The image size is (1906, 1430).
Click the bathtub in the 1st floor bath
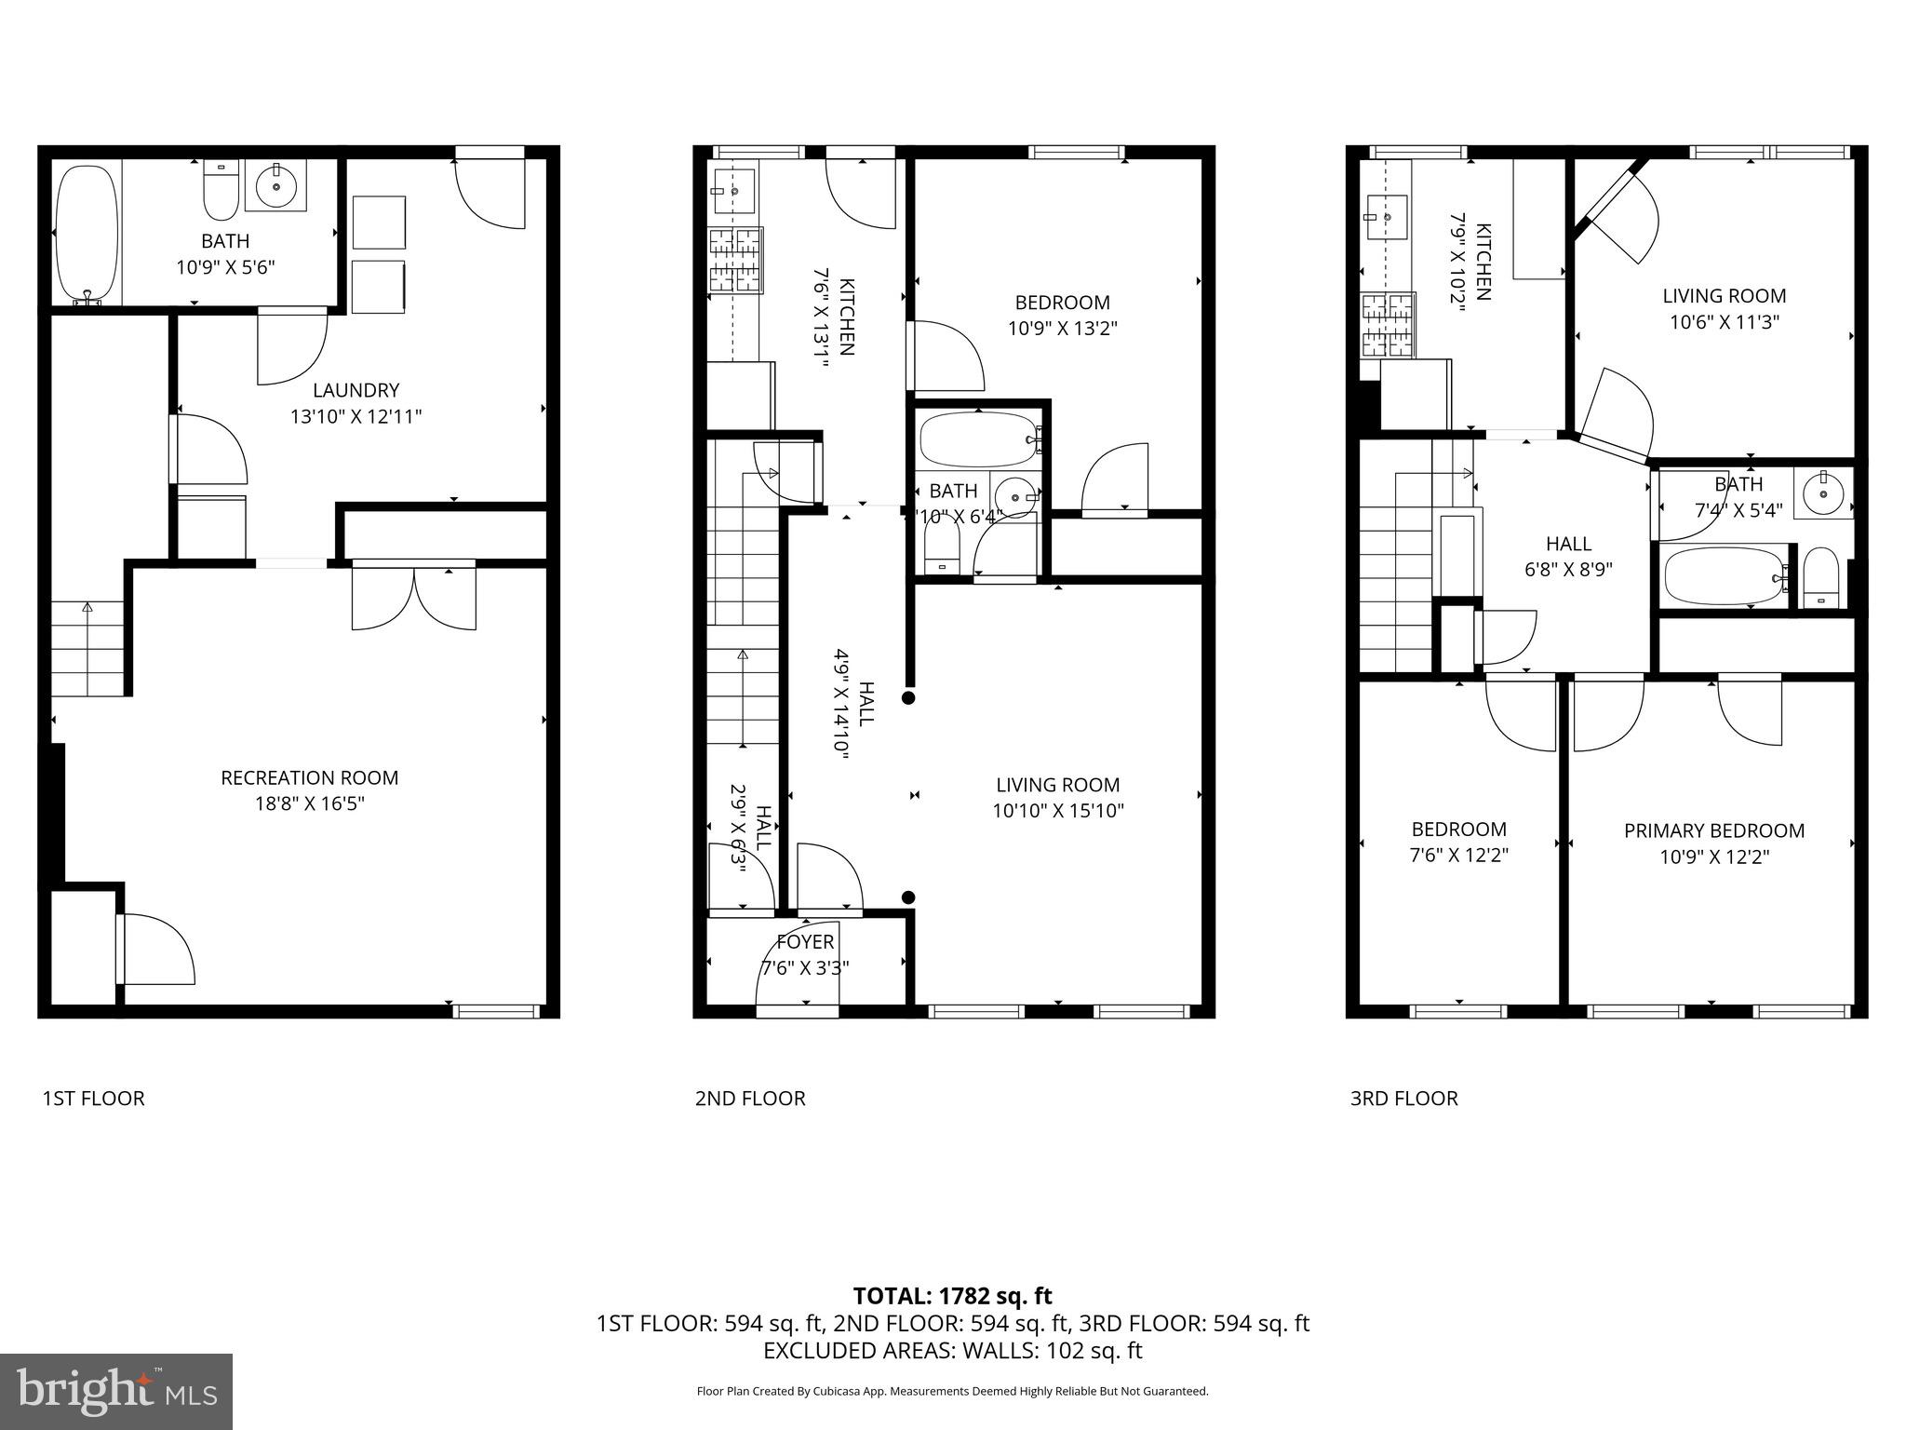coord(87,234)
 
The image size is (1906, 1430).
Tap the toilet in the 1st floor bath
coord(221,189)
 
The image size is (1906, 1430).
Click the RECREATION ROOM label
coord(309,777)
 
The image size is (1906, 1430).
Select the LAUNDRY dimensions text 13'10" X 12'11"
coord(356,416)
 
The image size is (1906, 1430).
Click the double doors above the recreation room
coord(414,596)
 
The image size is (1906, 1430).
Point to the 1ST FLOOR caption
coord(93,1099)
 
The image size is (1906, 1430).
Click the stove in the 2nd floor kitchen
coord(735,262)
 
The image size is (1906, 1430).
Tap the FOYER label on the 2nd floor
coord(805,942)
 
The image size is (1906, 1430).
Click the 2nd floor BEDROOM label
coord(1062,303)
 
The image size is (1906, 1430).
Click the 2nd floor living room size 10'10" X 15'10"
coord(1057,811)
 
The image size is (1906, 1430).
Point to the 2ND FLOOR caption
coord(750,1099)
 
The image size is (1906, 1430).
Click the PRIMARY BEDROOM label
coord(1714,830)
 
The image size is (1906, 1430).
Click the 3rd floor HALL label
coord(1568,544)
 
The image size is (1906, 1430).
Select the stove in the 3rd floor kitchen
coord(1388,326)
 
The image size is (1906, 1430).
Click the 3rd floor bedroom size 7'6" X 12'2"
coord(1458,855)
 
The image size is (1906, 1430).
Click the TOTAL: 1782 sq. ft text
coord(952,1296)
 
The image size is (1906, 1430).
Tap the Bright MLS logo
coord(116,1392)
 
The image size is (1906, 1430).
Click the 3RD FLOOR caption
coord(1403,1099)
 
